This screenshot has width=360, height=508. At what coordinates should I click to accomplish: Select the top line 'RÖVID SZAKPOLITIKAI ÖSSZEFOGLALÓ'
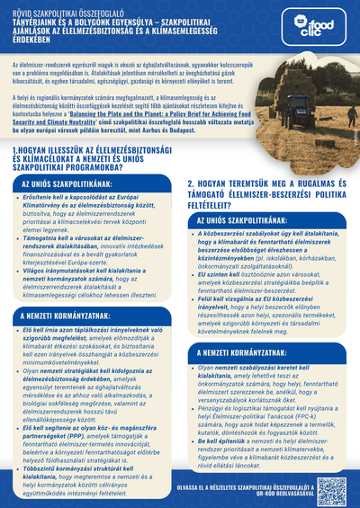[x=54, y=9]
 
